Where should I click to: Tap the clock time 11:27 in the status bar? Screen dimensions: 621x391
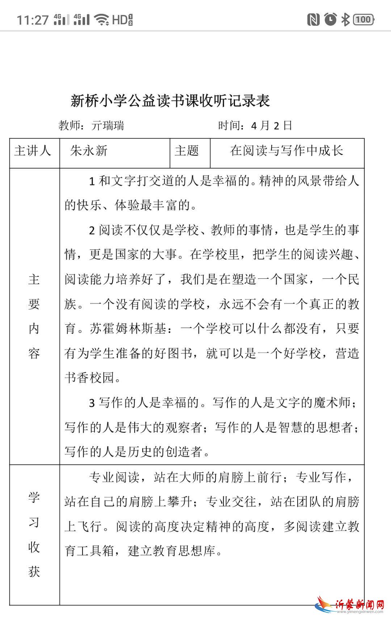tap(33, 20)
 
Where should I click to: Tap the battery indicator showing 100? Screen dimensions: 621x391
tap(363, 20)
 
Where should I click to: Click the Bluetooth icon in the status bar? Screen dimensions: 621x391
tap(345, 20)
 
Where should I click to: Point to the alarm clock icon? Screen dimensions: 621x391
tap(330, 19)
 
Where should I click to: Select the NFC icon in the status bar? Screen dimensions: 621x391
tap(314, 20)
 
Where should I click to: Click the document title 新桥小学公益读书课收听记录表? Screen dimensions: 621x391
tap(170, 101)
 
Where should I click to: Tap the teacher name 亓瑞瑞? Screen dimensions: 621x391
tap(108, 126)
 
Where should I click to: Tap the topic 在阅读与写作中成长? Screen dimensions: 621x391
tap(287, 151)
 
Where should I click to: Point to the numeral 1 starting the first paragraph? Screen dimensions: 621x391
tap(92, 181)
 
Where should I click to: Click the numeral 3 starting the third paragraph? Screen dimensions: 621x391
tap(92, 403)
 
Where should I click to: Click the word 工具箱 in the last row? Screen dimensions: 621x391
tap(96, 551)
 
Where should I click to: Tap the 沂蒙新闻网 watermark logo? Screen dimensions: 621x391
tap(349, 604)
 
